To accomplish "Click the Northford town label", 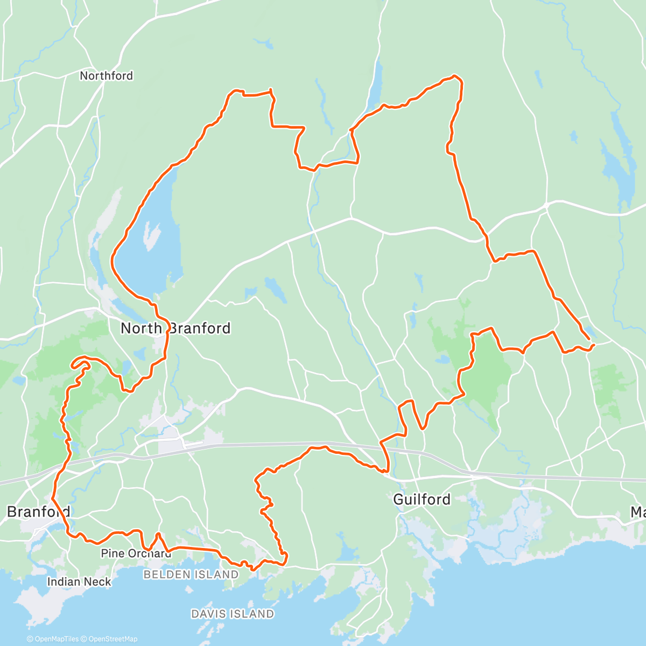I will coord(106,76).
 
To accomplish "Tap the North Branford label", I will coord(175,328).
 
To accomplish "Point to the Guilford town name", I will coord(422,500).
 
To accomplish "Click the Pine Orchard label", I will coord(136,553).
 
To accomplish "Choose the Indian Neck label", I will coord(79,582).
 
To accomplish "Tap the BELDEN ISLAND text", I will coord(191,575).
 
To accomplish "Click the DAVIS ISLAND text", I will coord(233,614).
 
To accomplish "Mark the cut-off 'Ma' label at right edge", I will coord(638,512).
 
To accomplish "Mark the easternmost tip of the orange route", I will coord(593,344).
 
